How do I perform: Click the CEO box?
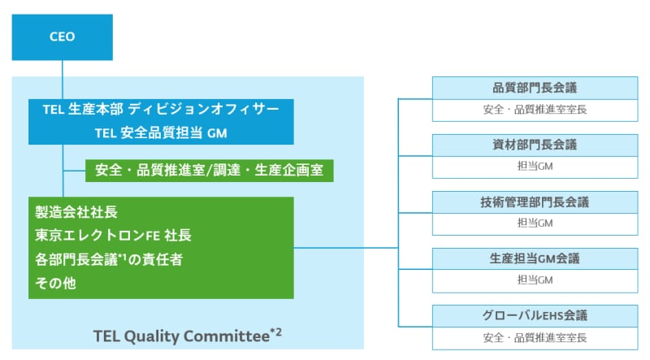63,37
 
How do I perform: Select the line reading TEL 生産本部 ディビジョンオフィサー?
161,109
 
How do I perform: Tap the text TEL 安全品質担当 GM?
161,132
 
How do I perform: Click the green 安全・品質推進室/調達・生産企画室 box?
210,171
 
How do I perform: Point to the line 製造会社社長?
76,212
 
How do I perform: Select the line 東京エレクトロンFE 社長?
113,235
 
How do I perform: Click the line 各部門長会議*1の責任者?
109,259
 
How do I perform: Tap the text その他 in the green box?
55,283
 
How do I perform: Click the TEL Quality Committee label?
181,336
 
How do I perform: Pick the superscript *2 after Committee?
276,332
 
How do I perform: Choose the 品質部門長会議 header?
535,88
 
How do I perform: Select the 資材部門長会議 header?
535,145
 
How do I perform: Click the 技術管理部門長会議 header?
535,202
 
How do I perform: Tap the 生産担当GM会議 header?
535,258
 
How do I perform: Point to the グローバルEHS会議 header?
535,315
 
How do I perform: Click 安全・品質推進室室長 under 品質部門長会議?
535,110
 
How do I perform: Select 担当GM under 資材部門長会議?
535,167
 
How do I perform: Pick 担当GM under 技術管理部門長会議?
535,223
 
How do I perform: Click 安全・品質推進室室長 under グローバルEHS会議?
535,337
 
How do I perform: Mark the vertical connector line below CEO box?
63,80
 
